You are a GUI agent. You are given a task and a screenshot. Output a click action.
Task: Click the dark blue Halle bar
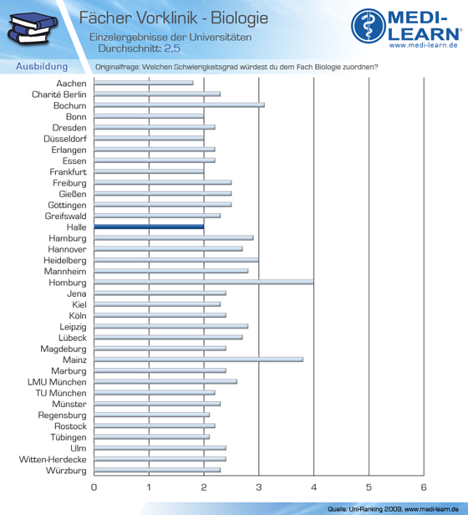pyautogui.click(x=149, y=227)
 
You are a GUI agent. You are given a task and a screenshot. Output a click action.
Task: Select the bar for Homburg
pyautogui.click(x=204, y=282)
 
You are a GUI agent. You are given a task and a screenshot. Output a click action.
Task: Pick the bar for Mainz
pyautogui.click(x=198, y=359)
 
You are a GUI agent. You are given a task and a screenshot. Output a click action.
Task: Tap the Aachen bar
pyautogui.click(x=144, y=83)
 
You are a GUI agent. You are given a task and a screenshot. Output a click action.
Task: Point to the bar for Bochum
pyautogui.click(x=180, y=105)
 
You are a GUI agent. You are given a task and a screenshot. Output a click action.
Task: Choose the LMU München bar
pyautogui.click(x=165, y=381)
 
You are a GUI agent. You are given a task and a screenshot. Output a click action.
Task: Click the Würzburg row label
pyautogui.click(x=66, y=471)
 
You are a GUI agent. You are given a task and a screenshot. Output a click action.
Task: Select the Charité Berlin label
pyautogui.click(x=59, y=94)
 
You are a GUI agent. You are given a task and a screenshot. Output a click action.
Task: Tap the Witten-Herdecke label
pyautogui.click(x=53, y=460)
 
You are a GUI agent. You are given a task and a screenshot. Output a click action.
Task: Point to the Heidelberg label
pyautogui.click(x=65, y=261)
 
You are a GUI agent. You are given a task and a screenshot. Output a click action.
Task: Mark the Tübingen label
pyautogui.click(x=69, y=437)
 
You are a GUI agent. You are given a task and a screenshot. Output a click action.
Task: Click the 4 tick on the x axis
pyautogui.click(x=313, y=487)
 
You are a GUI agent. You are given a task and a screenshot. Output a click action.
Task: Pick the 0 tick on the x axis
pyautogui.click(x=94, y=487)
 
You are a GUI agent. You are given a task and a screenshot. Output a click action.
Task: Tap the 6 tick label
pyautogui.click(x=424, y=487)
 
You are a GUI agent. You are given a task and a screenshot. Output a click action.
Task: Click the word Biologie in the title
pyautogui.click(x=239, y=18)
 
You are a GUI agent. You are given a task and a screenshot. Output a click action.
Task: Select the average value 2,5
pyautogui.click(x=172, y=48)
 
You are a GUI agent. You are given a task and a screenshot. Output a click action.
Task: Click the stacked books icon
pyautogui.click(x=33, y=28)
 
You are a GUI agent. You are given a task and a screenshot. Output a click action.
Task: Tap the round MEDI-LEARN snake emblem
pyautogui.click(x=369, y=26)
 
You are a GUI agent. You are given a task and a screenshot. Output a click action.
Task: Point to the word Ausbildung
pyautogui.click(x=42, y=66)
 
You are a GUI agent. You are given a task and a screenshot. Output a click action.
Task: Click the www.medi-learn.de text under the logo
pyautogui.click(x=424, y=45)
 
